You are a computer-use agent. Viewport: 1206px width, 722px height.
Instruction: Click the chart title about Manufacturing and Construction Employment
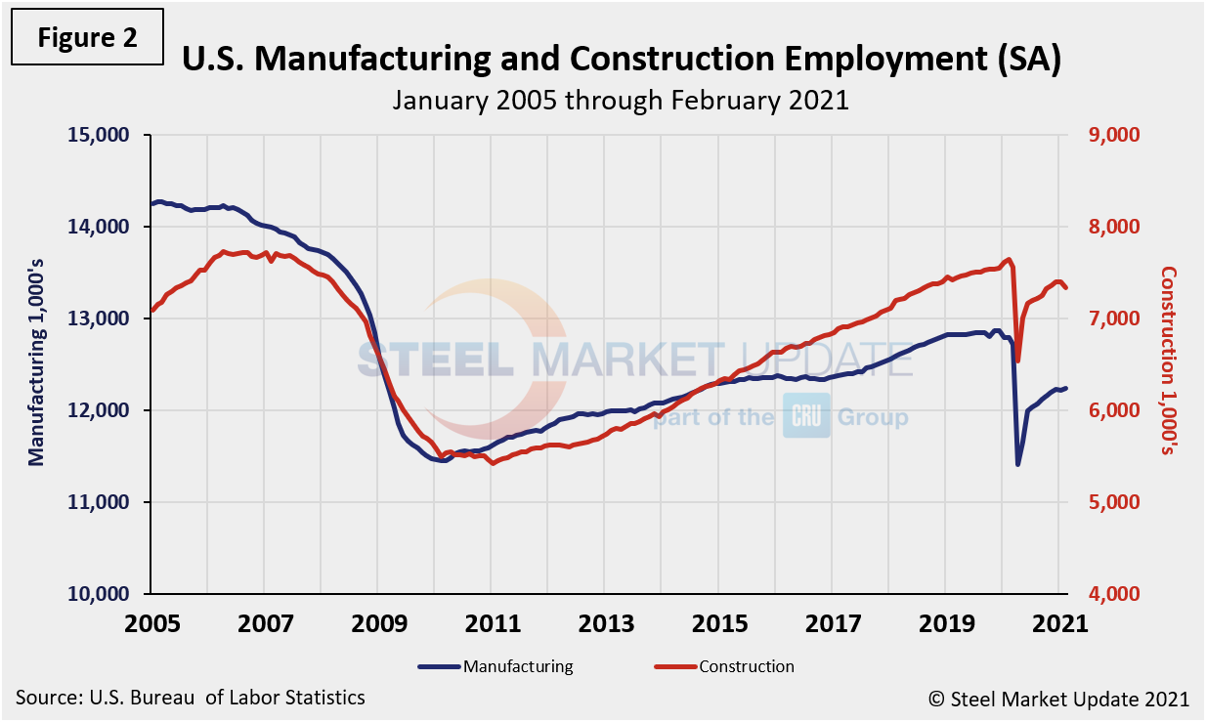click(621, 61)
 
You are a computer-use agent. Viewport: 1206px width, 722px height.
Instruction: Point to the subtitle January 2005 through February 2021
click(621, 100)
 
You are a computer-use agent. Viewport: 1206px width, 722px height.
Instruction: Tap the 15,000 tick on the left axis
click(102, 135)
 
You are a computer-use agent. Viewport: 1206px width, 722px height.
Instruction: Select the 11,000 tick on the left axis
click(102, 502)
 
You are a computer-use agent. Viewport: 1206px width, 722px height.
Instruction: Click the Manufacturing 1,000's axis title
click(36, 363)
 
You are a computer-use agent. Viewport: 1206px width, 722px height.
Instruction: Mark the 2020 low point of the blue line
click(1017, 464)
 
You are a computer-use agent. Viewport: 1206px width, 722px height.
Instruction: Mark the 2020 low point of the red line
click(1017, 361)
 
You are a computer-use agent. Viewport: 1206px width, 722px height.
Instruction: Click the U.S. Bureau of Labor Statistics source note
click(191, 698)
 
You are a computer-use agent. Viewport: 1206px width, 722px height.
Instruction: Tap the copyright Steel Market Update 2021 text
click(1058, 699)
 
